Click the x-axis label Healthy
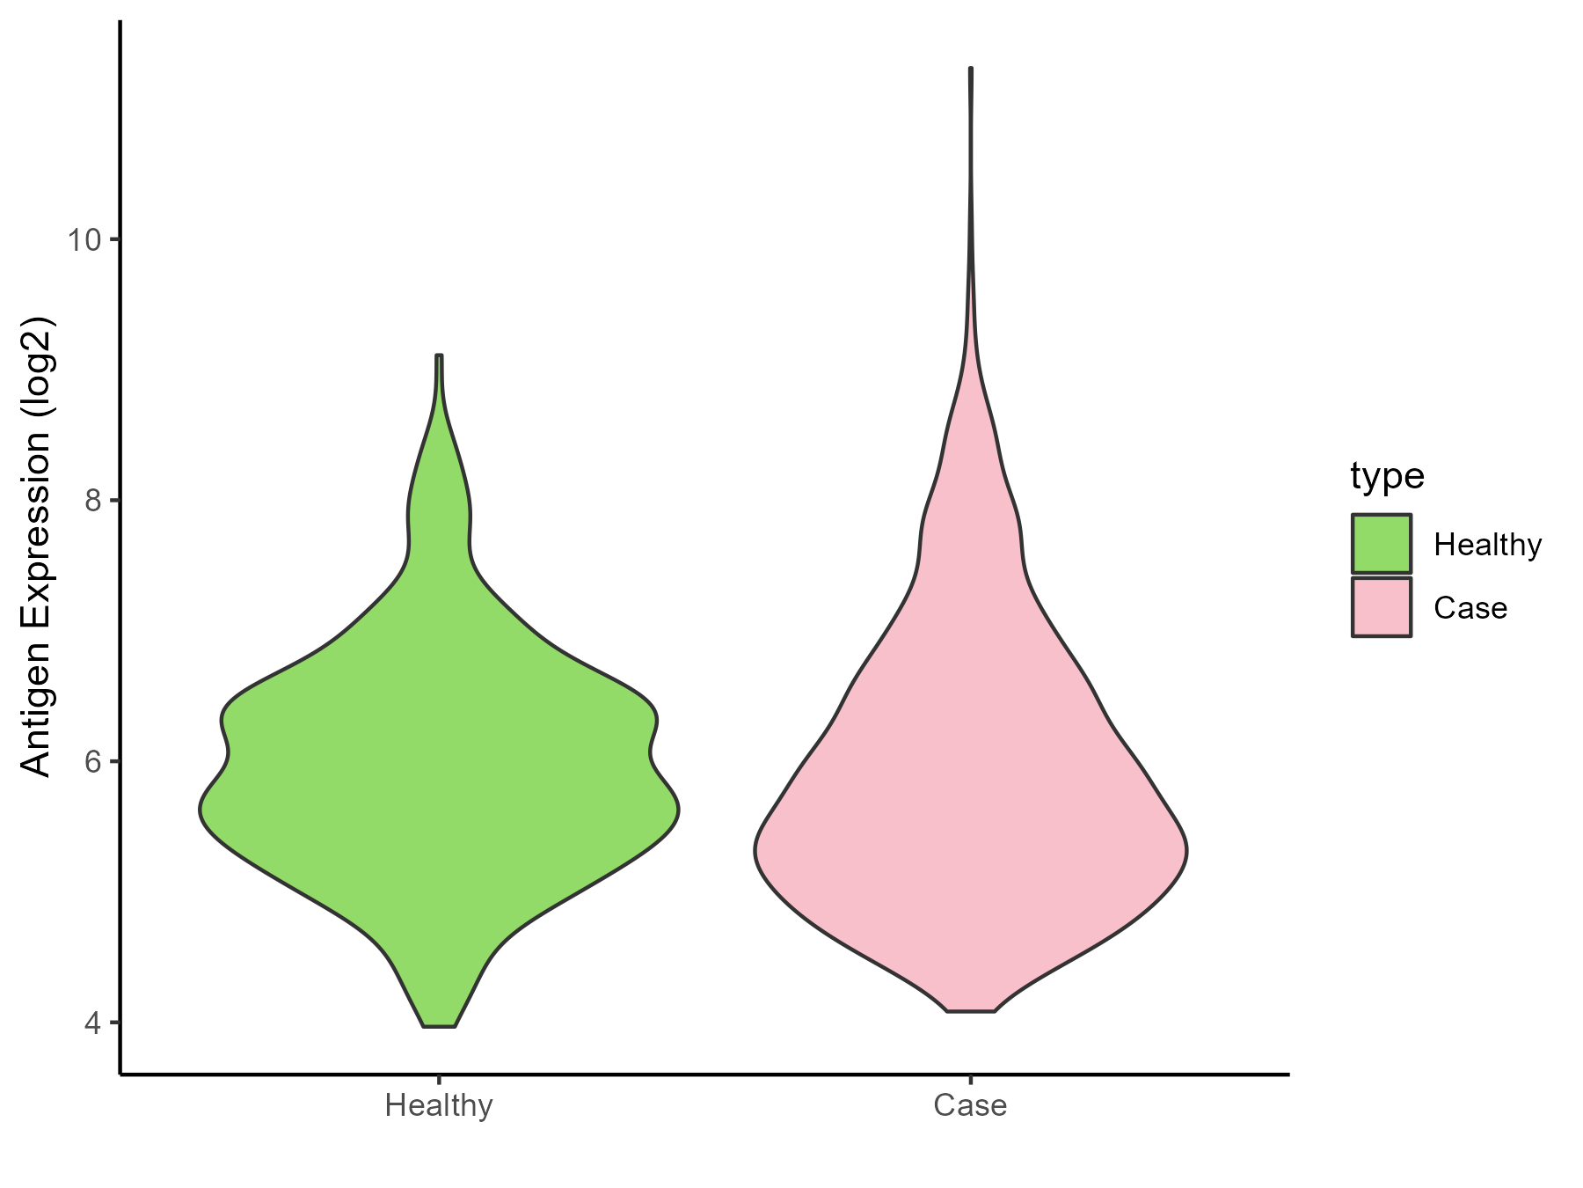tap(439, 1105)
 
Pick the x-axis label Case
tap(970, 1105)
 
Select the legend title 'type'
tap(1387, 476)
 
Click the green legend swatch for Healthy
tap(1382, 544)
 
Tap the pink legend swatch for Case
tap(1382, 607)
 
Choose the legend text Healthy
tap(1487, 546)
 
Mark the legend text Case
tap(1470, 609)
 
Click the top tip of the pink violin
tap(971, 69)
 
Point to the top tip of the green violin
tap(439, 356)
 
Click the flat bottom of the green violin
tap(439, 1026)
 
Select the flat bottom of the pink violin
tap(971, 1011)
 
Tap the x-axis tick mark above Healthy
tap(439, 1080)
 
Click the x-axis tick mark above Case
tap(970, 1080)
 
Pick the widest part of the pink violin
tap(971, 851)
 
